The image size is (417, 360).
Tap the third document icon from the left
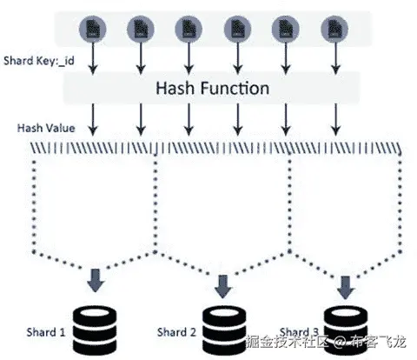188,29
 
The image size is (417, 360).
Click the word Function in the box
235,88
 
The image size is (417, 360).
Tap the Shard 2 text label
178,331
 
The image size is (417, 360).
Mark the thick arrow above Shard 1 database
94,281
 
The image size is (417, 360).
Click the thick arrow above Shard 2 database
224,283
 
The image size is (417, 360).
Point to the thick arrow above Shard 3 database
345,283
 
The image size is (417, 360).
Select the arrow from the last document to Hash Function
333,59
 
